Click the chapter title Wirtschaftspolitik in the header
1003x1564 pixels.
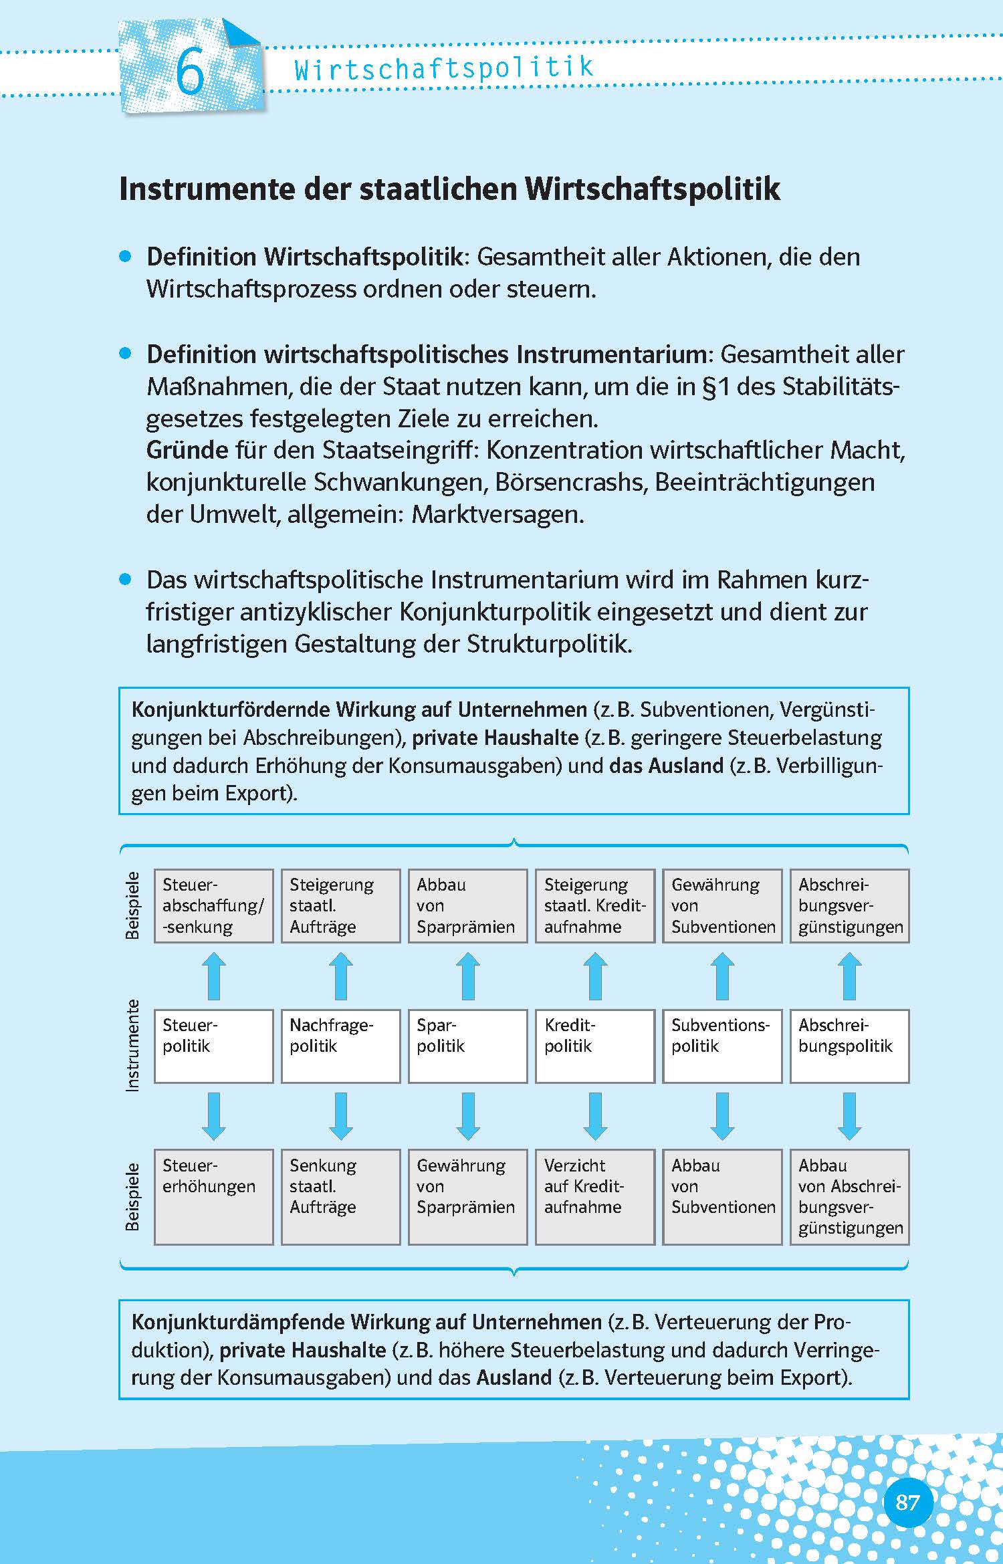click(x=444, y=68)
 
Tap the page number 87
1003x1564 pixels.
click(x=907, y=1502)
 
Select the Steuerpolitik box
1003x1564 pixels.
click(x=213, y=1046)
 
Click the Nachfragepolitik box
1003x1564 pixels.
click(x=340, y=1046)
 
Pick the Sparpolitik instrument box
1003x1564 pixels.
click(x=467, y=1046)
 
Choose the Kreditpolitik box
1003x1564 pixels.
click(x=594, y=1046)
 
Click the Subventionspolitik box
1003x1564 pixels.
click(x=722, y=1046)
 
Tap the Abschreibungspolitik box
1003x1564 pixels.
click(x=849, y=1046)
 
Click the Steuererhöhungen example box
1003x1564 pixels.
click(x=213, y=1196)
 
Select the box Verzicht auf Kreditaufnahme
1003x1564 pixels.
click(x=594, y=1196)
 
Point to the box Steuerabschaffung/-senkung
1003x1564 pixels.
click(x=213, y=905)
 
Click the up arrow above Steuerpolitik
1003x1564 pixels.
click(x=213, y=976)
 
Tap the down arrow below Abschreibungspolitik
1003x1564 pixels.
click(x=849, y=1115)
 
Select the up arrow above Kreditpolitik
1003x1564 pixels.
click(x=594, y=976)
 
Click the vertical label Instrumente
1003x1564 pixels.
click(x=133, y=1046)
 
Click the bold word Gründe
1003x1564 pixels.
click(x=187, y=450)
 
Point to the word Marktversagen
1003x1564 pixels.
click(x=497, y=514)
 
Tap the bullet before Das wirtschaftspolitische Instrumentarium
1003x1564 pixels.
click(x=125, y=579)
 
